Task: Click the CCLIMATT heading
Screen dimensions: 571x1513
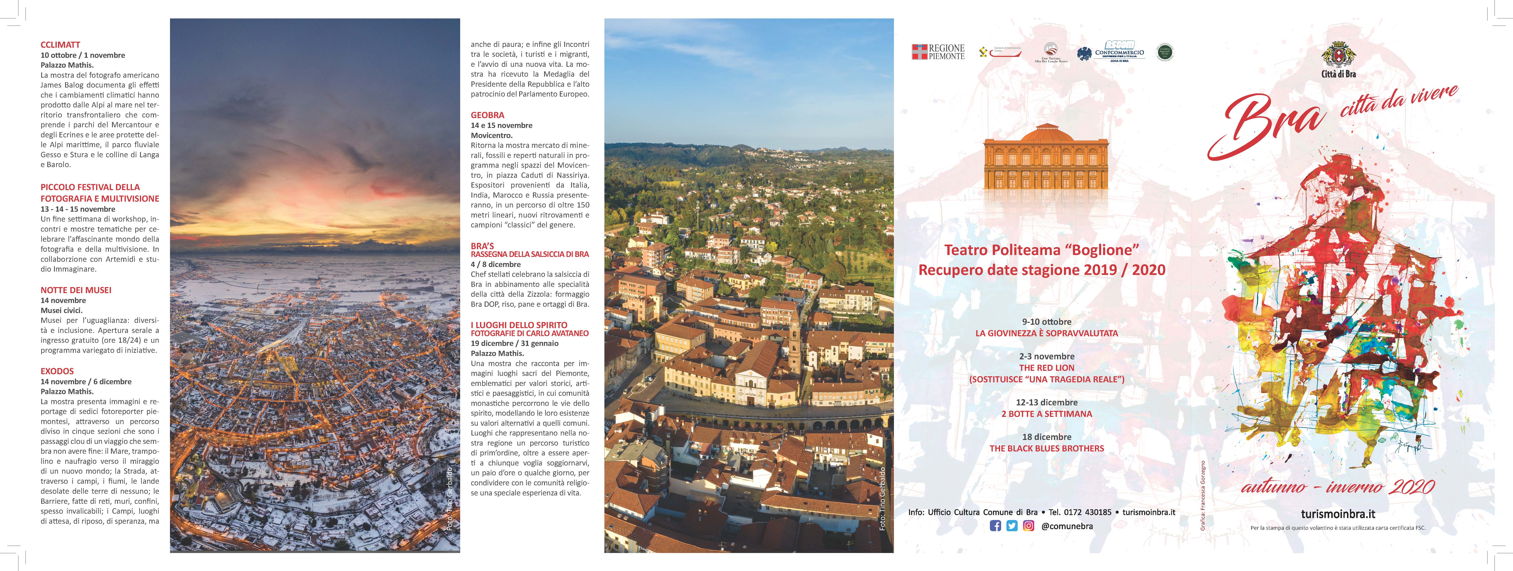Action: pyautogui.click(x=60, y=45)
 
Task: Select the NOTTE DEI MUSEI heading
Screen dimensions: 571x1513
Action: pyautogui.click(x=76, y=290)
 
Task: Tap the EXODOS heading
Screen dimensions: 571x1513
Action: pyautogui.click(x=57, y=371)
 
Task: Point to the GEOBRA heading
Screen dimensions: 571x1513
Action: pyautogui.click(x=488, y=115)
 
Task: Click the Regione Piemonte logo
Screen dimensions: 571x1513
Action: pyautogui.click(x=938, y=52)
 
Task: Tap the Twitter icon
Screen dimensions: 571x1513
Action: pyautogui.click(x=1011, y=526)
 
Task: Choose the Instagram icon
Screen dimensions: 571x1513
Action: pyautogui.click(x=1028, y=526)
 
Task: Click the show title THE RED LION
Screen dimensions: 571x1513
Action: pyautogui.click(x=1047, y=368)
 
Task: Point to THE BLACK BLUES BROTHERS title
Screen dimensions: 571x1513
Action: pyautogui.click(x=1047, y=448)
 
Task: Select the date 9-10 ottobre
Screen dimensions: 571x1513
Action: pyautogui.click(x=1047, y=322)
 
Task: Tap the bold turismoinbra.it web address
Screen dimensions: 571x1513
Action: pyautogui.click(x=1338, y=514)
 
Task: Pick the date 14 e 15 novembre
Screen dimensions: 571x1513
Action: pyautogui.click(x=502, y=125)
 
